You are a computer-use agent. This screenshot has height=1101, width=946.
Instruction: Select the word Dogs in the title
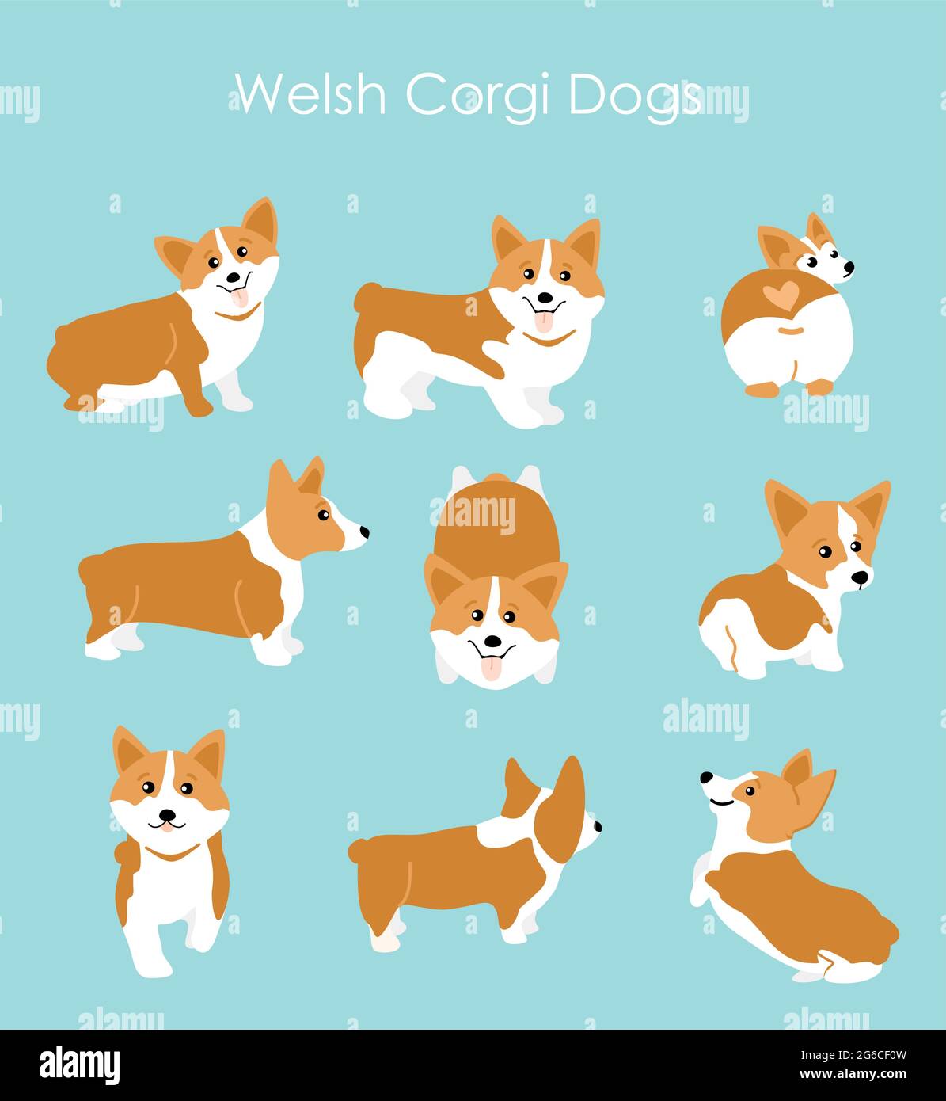[634, 96]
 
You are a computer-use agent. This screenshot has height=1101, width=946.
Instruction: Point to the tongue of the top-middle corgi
[544, 322]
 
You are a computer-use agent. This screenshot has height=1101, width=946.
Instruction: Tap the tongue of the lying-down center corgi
[492, 668]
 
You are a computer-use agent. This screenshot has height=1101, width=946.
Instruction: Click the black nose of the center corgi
[492, 640]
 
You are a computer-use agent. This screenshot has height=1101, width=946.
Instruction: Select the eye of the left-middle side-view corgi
[323, 516]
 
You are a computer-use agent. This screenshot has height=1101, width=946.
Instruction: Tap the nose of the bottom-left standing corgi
[167, 814]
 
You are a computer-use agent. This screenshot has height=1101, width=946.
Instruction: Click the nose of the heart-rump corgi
[849, 269]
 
